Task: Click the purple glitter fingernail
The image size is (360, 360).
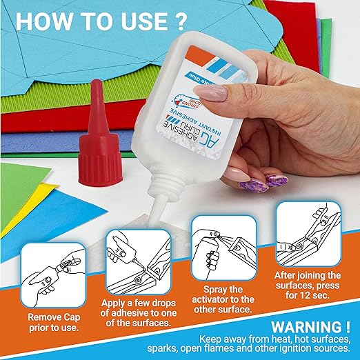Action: pyautogui.click(x=276, y=180)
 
